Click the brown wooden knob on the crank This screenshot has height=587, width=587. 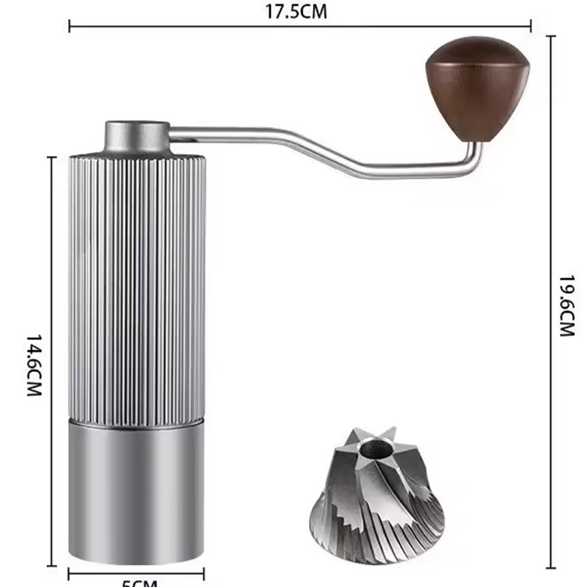coord(477,85)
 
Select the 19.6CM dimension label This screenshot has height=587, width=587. coord(566,305)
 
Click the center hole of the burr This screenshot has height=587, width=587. coord(373,448)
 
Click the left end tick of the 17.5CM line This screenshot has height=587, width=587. coord(69,27)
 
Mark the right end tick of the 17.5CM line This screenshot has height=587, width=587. coord(531,27)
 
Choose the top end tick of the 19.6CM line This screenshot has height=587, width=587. coord(551,36)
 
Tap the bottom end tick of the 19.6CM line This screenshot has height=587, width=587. coord(551,567)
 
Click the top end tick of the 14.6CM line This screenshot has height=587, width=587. coord(51,157)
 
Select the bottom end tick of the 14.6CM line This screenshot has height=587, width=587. coord(51,565)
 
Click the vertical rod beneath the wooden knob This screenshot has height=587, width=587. coord(476,152)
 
